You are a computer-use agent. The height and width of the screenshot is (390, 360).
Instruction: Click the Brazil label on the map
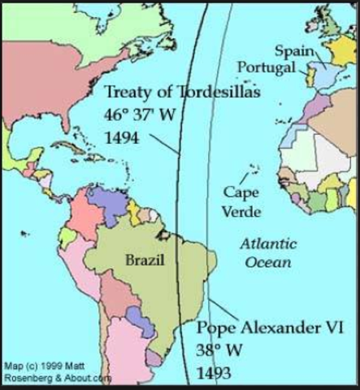(143, 260)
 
